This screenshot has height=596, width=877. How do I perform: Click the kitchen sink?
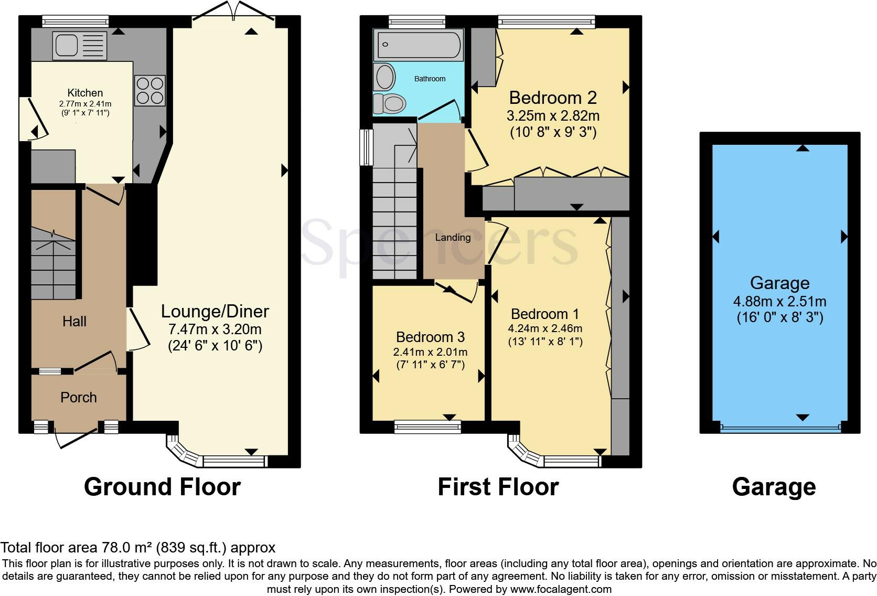[79, 45]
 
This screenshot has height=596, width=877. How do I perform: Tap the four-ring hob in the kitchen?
[149, 90]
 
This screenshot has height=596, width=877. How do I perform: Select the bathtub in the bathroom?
[418, 44]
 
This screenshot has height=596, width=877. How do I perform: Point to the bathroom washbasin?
[386, 77]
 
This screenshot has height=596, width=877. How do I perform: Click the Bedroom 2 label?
[553, 98]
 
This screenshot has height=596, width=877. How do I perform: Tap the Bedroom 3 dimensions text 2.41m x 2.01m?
[430, 352]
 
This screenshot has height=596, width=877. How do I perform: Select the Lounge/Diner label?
[215, 312]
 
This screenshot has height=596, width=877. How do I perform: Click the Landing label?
[453, 238]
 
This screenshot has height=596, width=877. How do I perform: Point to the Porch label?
[79, 398]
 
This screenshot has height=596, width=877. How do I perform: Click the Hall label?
[74, 322]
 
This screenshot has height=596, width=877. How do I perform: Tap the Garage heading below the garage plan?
[774, 487]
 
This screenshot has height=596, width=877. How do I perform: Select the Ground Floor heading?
[162, 487]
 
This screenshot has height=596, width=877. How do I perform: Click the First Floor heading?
[498, 487]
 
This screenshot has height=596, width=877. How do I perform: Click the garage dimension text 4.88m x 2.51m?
[779, 302]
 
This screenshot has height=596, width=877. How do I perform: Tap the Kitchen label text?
[85, 93]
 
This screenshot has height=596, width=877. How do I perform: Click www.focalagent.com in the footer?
[561, 589]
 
